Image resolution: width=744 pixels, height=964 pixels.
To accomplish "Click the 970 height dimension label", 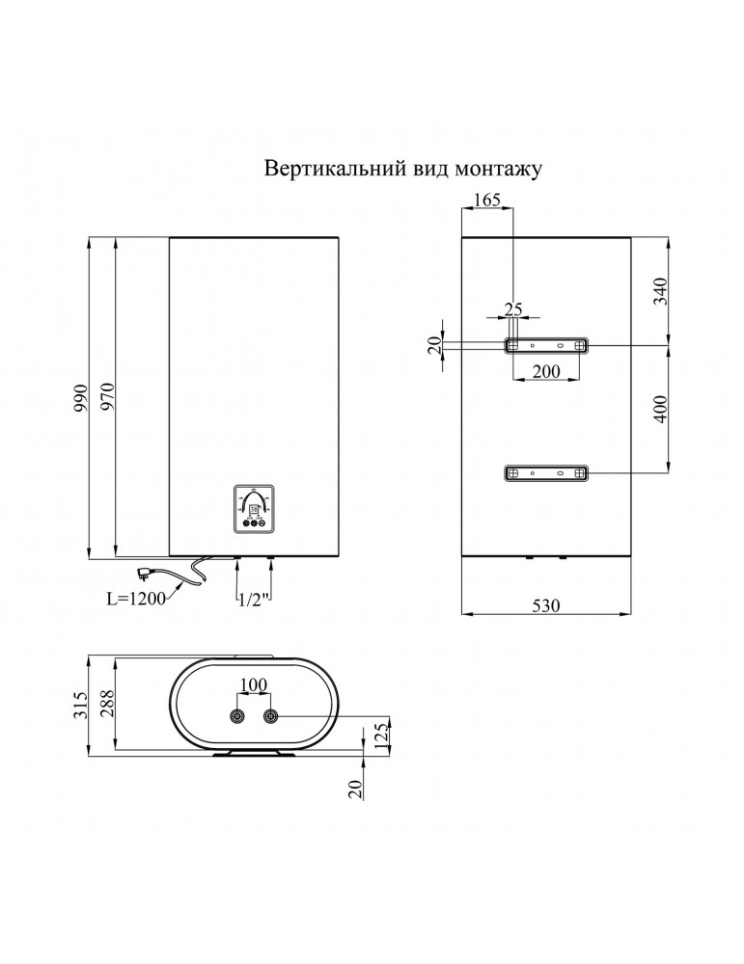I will point(108,397).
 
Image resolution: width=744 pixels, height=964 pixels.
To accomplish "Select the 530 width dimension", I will point(546,605).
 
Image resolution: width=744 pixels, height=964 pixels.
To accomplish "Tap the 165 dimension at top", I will point(488,201).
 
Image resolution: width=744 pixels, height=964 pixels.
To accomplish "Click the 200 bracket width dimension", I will point(546,371).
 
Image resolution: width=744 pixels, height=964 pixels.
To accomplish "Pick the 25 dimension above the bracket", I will point(513,309).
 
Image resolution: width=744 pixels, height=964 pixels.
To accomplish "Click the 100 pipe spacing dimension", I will point(253,685).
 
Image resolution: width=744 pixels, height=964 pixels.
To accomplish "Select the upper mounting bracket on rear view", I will point(546,345).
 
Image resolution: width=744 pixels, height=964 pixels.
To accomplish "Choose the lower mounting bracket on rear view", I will point(546,472).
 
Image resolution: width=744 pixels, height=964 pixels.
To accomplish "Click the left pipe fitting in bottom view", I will point(237,716).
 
